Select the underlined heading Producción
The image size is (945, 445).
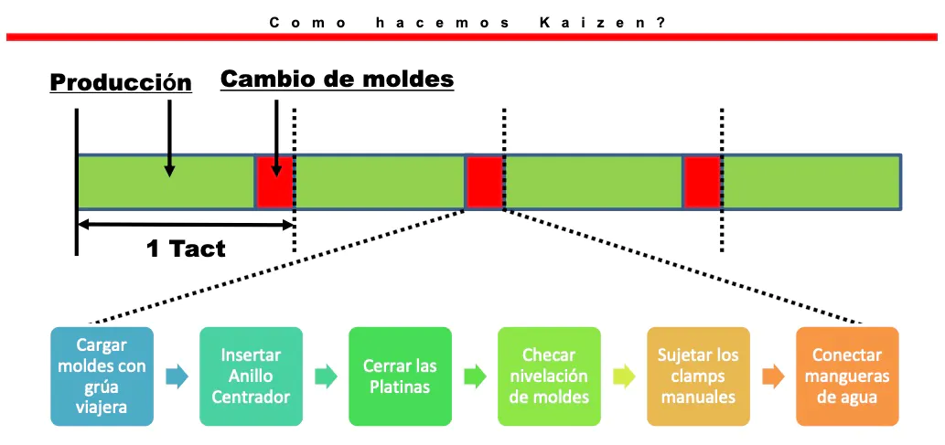tap(121, 82)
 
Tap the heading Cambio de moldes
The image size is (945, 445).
tap(337, 79)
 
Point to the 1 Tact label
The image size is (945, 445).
tap(186, 249)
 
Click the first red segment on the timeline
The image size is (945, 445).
tap(274, 182)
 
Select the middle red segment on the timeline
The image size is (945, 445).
tap(484, 182)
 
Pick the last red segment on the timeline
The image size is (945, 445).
tap(703, 182)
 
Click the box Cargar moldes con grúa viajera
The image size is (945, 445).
tap(102, 376)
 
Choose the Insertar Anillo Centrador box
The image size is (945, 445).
tap(251, 376)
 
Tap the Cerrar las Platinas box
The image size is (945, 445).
tap(400, 376)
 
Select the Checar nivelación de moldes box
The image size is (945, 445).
tap(549, 376)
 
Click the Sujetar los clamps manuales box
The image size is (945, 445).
tap(699, 376)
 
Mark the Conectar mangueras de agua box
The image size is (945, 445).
tap(847, 376)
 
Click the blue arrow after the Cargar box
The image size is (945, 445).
tap(177, 377)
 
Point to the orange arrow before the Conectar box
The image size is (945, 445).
tap(773, 377)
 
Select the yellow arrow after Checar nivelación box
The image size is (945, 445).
tap(625, 377)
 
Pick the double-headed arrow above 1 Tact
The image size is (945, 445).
tap(186, 225)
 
